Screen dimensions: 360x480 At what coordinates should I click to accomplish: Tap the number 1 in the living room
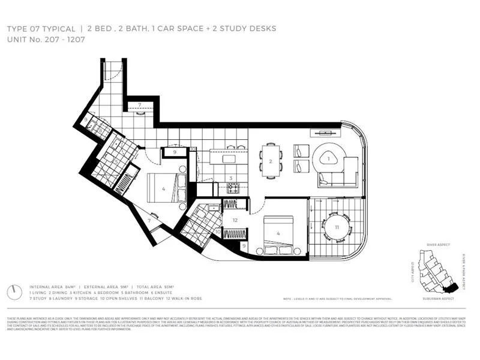tap(328, 158)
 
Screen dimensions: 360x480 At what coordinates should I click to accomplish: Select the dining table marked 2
tap(271, 161)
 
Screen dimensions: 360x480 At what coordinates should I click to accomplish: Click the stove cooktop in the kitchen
tap(232, 188)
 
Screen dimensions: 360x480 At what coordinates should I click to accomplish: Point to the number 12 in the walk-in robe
tap(235, 220)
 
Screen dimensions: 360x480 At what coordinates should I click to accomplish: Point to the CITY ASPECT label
tap(412, 271)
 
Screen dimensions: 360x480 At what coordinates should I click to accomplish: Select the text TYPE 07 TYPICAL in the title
tap(41, 29)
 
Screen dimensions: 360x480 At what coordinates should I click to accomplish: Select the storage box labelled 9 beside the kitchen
tap(174, 152)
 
